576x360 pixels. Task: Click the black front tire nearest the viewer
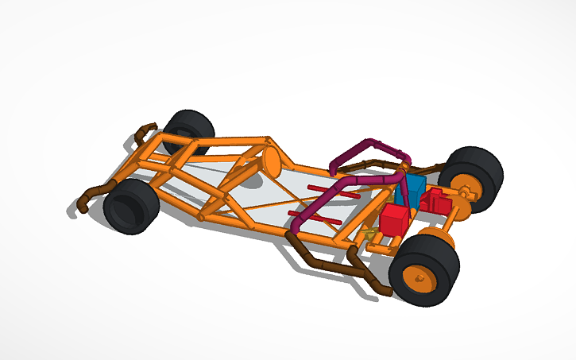(x=130, y=206)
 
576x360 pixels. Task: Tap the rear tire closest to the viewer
(x=425, y=271)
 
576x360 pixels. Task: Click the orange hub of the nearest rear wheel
(x=418, y=279)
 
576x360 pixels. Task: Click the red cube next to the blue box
(x=394, y=218)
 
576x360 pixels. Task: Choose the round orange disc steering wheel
(x=271, y=159)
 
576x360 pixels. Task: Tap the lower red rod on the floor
(x=305, y=215)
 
